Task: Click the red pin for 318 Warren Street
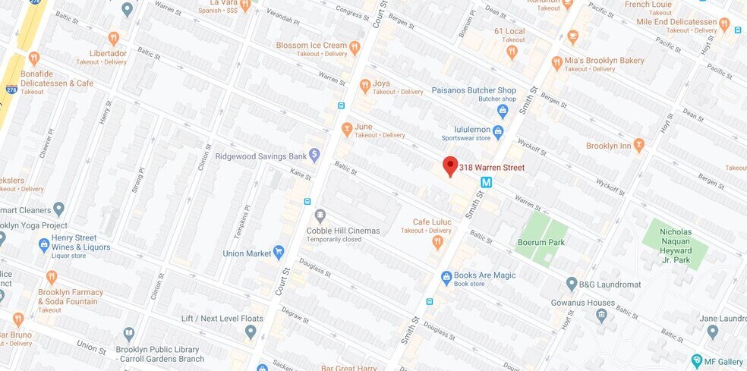tap(450, 166)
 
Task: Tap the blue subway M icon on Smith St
tap(487, 182)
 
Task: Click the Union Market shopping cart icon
tap(279, 252)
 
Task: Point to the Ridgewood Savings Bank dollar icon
tap(314, 156)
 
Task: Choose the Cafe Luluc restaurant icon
tap(437, 242)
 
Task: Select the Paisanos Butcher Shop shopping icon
tap(502, 111)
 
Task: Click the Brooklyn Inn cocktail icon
tap(638, 145)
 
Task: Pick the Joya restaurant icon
tap(365, 86)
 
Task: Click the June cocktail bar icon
tap(347, 129)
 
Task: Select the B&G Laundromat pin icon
tap(572, 284)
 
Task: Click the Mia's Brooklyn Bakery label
tap(604, 61)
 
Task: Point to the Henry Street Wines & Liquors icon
tap(44, 245)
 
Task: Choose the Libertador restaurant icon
tap(114, 38)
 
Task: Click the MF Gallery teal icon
tap(697, 360)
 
